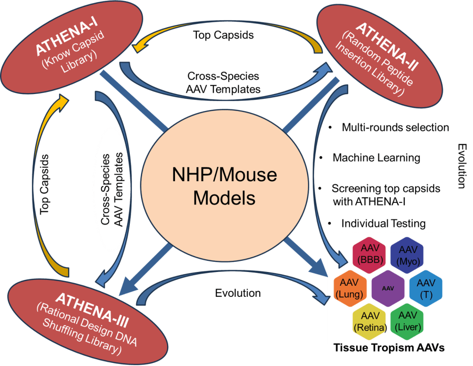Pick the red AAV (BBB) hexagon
(x=369, y=253)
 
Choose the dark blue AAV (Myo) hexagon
(x=407, y=253)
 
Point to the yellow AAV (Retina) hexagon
(x=369, y=321)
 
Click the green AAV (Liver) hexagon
(x=407, y=321)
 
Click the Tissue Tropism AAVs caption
(x=389, y=348)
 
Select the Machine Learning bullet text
(x=376, y=158)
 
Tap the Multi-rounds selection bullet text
(x=395, y=127)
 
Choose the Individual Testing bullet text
(x=383, y=224)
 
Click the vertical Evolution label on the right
(x=461, y=165)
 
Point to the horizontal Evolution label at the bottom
(x=238, y=293)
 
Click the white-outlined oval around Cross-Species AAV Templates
(x=112, y=189)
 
